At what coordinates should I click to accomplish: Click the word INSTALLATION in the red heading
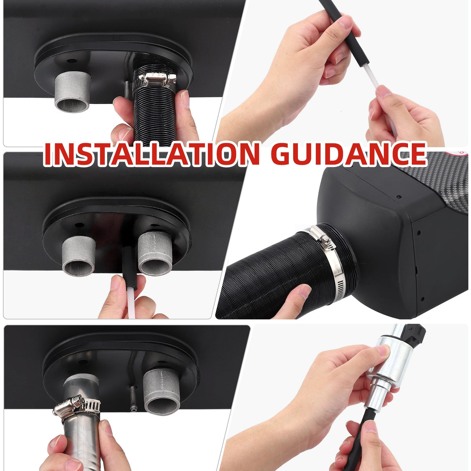click(x=152, y=154)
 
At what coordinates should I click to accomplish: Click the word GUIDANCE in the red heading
click(x=351, y=154)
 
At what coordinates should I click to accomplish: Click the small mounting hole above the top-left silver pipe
click(x=70, y=62)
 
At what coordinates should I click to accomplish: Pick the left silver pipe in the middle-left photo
click(x=79, y=256)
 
